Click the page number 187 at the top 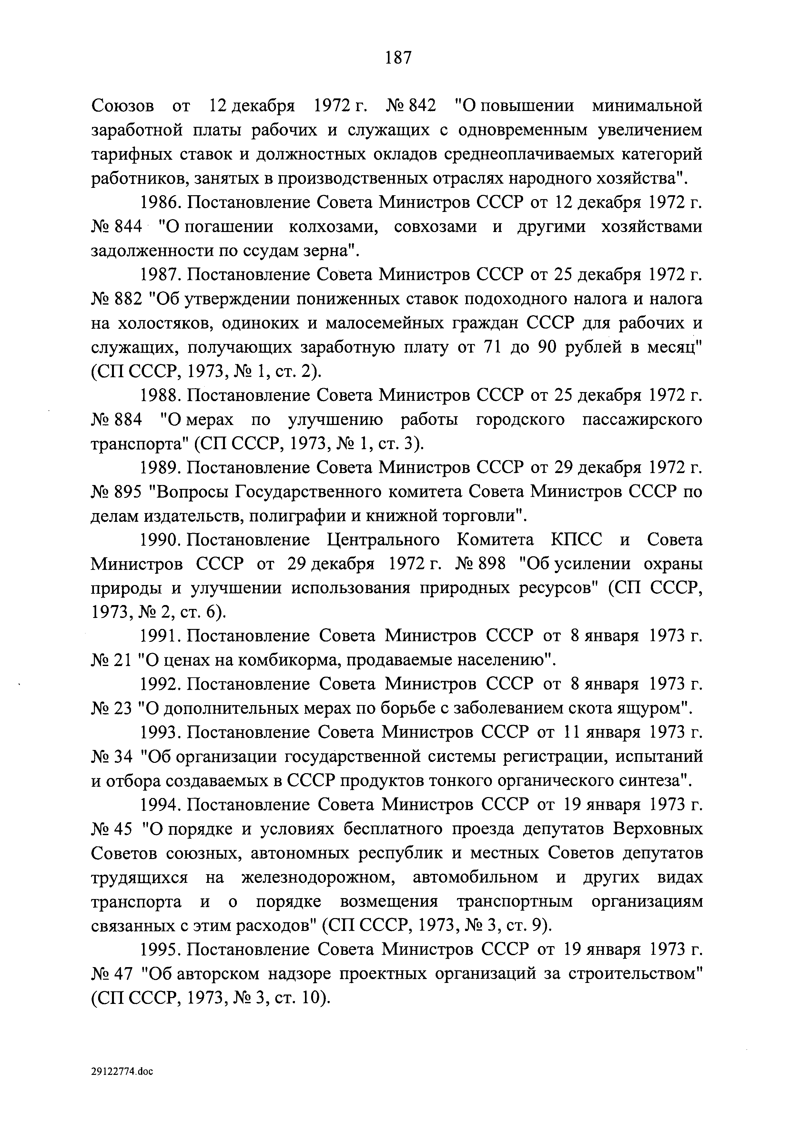click(398, 58)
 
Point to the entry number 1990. click(161, 541)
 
